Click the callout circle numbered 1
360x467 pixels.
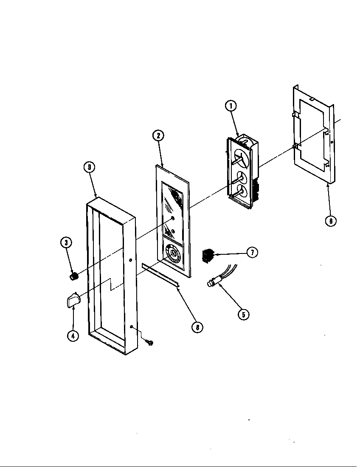coord(231,106)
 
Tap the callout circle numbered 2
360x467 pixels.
coord(158,136)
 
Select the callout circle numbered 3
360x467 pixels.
coord(66,243)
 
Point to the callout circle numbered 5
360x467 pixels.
coord(243,314)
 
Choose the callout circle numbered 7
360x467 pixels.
coord(252,252)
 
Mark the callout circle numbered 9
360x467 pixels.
coord(89,167)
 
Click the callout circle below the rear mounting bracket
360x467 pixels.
coord(331,221)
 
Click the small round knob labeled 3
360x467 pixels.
coord(74,277)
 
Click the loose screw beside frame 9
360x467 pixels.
coord(149,341)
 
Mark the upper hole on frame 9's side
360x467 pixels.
coord(131,260)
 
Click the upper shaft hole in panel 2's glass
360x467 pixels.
coord(172,218)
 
